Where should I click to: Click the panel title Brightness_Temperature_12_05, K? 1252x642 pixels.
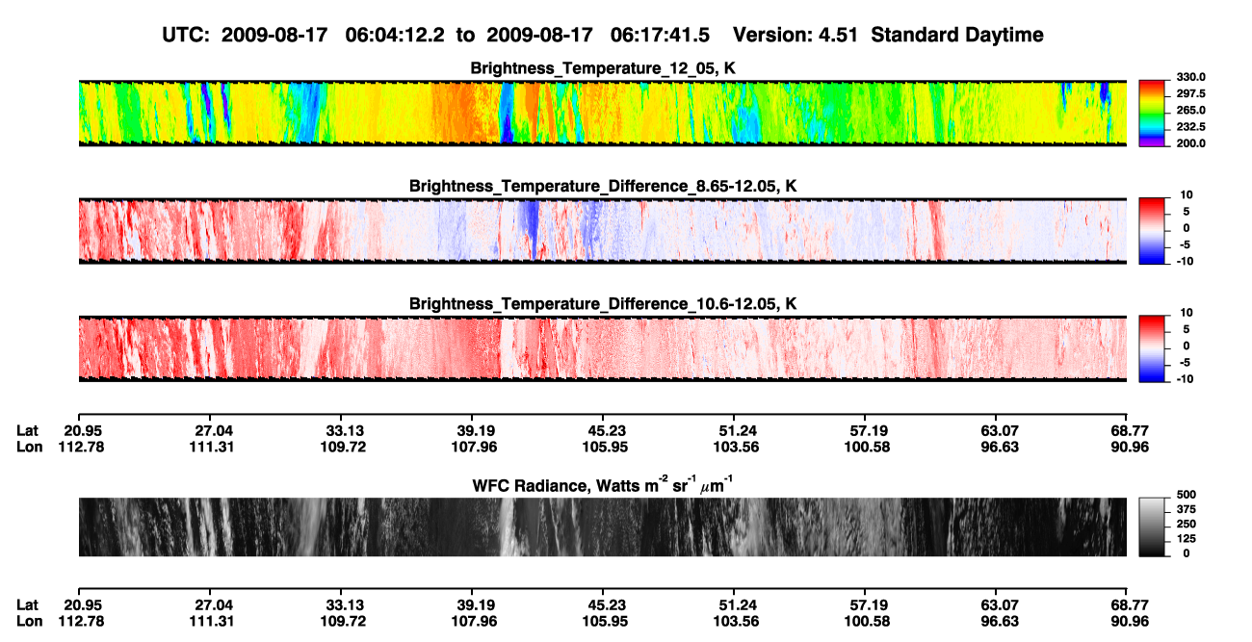click(x=603, y=68)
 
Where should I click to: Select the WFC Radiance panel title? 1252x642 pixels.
click(x=603, y=485)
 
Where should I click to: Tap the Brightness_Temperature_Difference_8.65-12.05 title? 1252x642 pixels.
click(x=603, y=186)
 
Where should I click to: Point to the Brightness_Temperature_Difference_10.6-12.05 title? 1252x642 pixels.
click(x=603, y=304)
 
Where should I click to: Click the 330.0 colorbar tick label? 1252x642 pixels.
click(x=1190, y=77)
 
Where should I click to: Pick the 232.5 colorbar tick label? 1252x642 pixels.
click(x=1190, y=127)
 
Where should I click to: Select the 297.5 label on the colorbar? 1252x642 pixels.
click(x=1190, y=93)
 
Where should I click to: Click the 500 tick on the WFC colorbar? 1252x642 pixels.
click(x=1186, y=495)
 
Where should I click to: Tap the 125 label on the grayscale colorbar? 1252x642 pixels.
click(x=1186, y=539)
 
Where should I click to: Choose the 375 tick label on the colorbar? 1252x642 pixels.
click(x=1186, y=509)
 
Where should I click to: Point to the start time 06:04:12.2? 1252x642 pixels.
click(x=395, y=35)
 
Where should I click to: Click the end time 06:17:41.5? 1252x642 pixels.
click(x=660, y=35)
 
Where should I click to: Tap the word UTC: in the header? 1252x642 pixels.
click(x=186, y=35)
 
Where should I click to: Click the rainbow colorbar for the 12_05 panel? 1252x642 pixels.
click(x=1152, y=114)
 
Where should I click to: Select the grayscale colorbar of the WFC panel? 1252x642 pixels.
click(x=1152, y=526)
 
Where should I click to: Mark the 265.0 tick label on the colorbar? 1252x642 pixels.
click(x=1190, y=110)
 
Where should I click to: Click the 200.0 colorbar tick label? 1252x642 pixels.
click(x=1190, y=143)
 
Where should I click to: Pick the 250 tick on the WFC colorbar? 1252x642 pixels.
click(x=1186, y=525)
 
